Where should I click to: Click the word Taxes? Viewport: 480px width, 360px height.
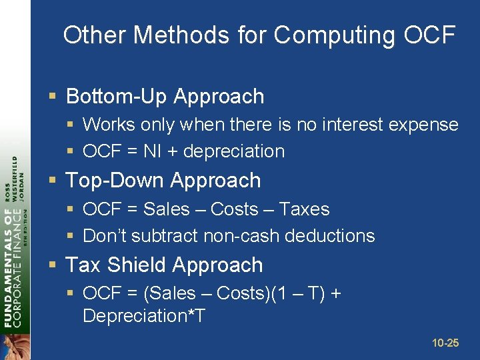pos(304,209)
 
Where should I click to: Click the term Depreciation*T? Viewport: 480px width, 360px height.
pos(143,316)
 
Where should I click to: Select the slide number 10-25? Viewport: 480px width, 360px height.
pos(445,343)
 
